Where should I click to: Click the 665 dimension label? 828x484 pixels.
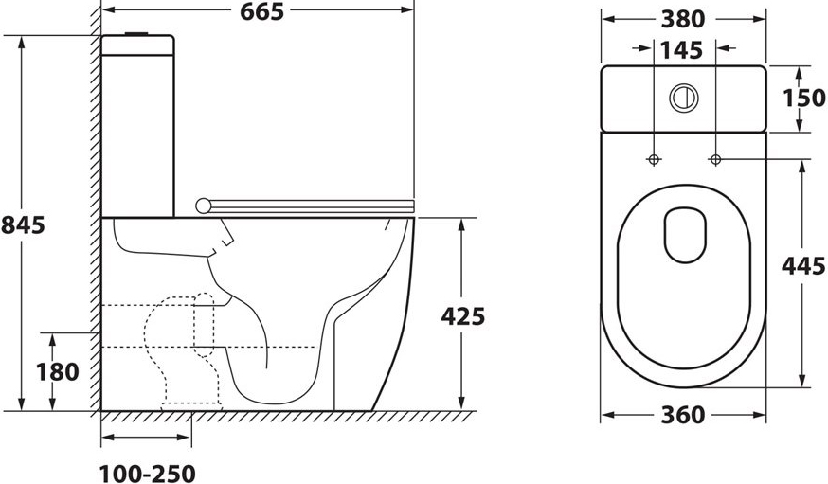pyautogui.click(x=261, y=11)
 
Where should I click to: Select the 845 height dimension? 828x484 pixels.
pyautogui.click(x=23, y=225)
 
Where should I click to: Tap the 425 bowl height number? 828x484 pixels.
pyautogui.click(x=462, y=316)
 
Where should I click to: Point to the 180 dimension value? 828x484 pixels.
pyautogui.click(x=58, y=372)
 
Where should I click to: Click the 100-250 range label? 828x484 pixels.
pyautogui.click(x=148, y=474)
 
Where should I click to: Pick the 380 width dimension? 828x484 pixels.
pyautogui.click(x=683, y=20)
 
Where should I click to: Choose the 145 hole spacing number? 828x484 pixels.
pyautogui.click(x=682, y=50)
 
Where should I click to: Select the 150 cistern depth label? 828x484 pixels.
pyautogui.click(x=803, y=99)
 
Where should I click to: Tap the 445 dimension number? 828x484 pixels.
pyautogui.click(x=803, y=266)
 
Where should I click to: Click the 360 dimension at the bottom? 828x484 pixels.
pyautogui.click(x=683, y=416)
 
